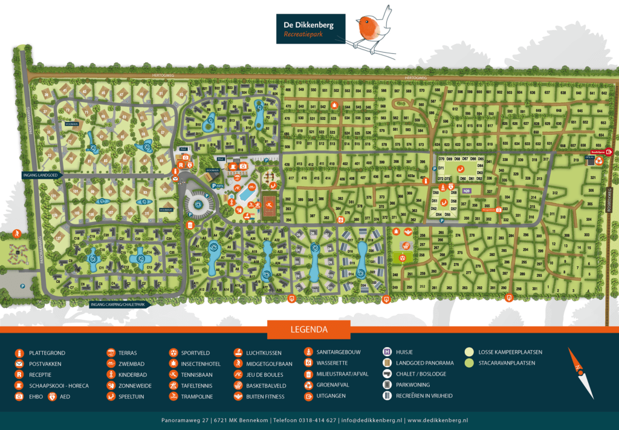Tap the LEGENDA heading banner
click(309, 330)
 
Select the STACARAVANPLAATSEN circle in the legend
click(470, 363)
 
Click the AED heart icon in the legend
click(52, 397)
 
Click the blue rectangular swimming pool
click(247, 195)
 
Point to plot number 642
click(603, 93)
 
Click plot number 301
click(534, 288)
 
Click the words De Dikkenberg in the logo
click(309, 25)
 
